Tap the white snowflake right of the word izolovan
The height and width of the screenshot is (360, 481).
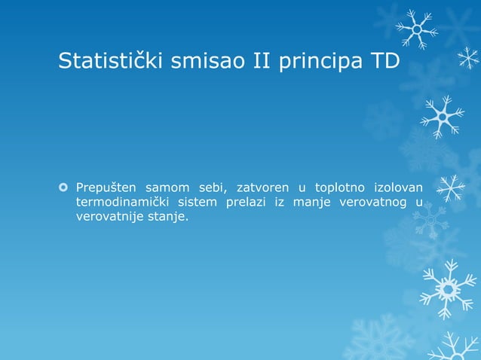coord(451,188)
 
